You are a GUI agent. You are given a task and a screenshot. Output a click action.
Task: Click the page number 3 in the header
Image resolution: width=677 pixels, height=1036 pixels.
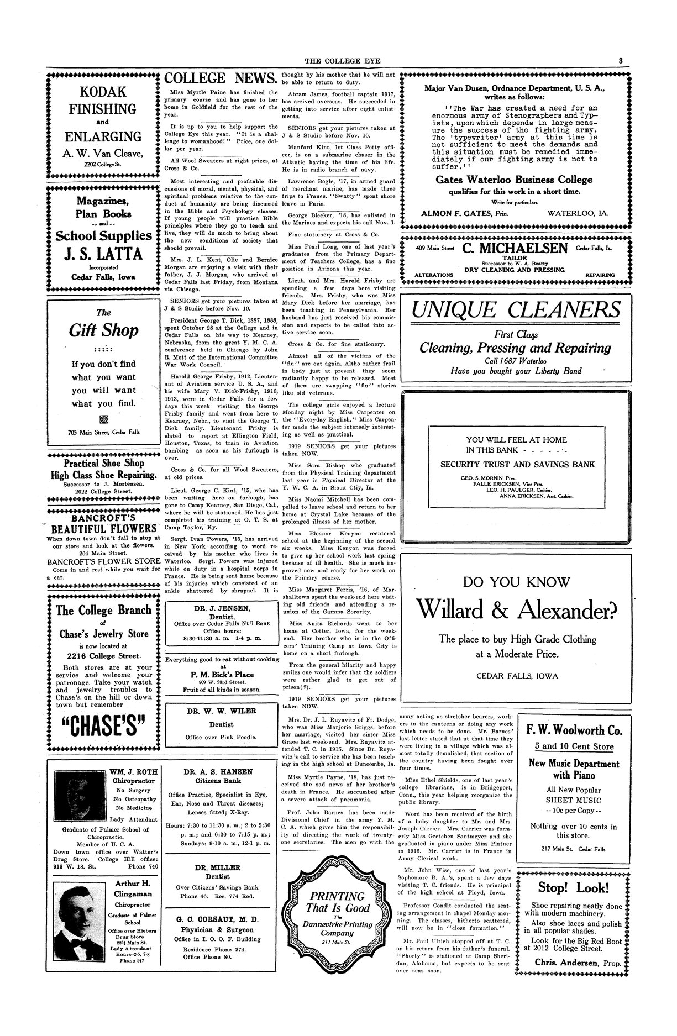[x=621, y=61]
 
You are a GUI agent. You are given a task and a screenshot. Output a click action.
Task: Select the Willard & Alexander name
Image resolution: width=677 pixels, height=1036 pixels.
[x=516, y=609]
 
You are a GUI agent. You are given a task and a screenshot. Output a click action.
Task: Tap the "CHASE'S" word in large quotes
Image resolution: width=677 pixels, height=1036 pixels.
[x=103, y=730]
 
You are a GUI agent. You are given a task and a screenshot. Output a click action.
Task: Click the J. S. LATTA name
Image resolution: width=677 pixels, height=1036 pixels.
[x=103, y=255]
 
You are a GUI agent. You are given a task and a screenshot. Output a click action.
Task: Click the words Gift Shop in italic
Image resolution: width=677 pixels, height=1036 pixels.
[x=103, y=330]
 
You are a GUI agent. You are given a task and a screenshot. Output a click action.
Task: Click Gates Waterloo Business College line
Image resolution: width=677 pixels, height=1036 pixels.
[x=514, y=180]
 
